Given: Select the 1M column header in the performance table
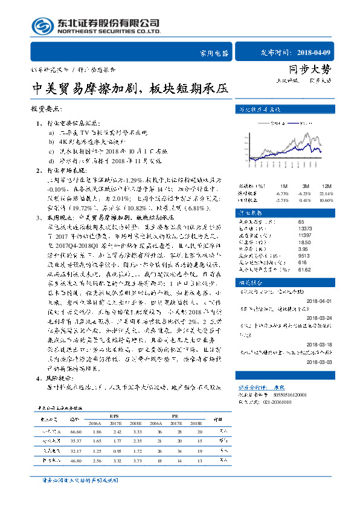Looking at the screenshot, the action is (x=283, y=185).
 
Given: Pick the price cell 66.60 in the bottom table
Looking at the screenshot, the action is (x=76, y=432).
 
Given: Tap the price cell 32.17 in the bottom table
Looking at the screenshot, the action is (x=76, y=451).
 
